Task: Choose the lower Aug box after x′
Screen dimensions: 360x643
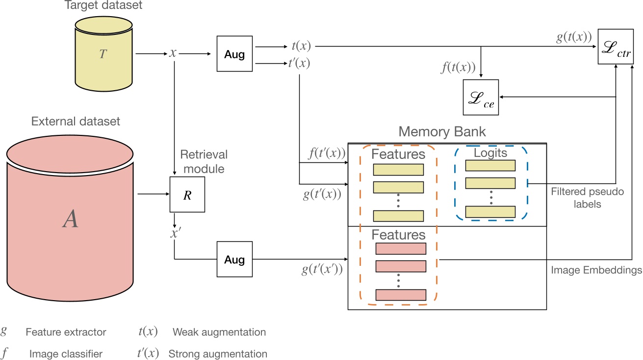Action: click(x=234, y=259)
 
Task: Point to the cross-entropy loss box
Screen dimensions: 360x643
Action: click(x=481, y=97)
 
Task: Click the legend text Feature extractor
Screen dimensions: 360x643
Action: click(x=66, y=332)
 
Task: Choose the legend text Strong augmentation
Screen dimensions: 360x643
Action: click(x=218, y=354)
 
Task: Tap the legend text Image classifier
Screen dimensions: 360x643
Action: click(x=66, y=354)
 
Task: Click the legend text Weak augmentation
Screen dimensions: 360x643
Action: click(x=219, y=332)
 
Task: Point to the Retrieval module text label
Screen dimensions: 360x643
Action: click(x=204, y=162)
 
